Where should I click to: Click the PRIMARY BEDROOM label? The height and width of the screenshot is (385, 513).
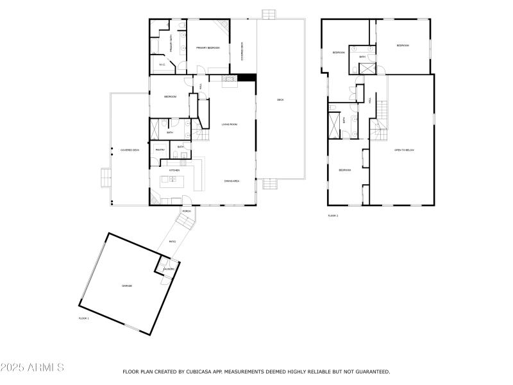(208, 47)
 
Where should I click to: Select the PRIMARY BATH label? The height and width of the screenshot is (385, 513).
(171, 45)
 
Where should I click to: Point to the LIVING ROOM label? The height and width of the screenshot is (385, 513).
(230, 124)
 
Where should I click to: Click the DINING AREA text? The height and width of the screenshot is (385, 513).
(231, 182)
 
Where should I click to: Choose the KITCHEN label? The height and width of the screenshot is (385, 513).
(174, 170)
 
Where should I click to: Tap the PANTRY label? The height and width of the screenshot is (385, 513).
(160, 150)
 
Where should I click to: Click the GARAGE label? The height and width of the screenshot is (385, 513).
(127, 286)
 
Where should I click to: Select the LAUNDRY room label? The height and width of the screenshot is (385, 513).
(168, 269)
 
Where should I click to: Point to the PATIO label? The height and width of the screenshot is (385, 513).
(172, 241)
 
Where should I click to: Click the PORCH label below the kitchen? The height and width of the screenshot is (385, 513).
(187, 211)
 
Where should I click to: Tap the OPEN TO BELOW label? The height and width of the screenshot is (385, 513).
(404, 150)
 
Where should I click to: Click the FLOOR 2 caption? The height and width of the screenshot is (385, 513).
(333, 216)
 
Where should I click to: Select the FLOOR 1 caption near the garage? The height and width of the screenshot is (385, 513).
(84, 318)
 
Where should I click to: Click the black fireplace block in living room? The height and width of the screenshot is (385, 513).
(247, 78)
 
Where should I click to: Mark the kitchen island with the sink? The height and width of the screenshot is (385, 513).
(172, 178)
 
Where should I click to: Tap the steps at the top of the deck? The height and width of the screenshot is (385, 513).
(269, 13)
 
